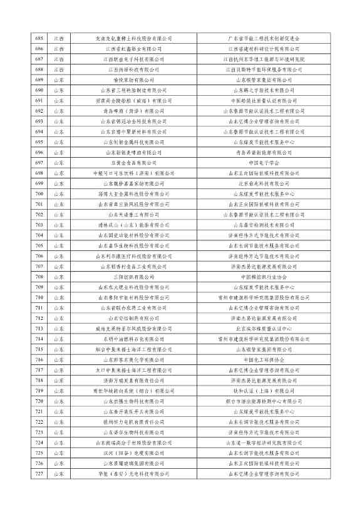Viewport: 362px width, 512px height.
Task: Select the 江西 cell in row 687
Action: pos(58,59)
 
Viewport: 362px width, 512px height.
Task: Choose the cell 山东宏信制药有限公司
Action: pos(133,318)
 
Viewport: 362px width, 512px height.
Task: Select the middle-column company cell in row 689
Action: pos(133,80)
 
